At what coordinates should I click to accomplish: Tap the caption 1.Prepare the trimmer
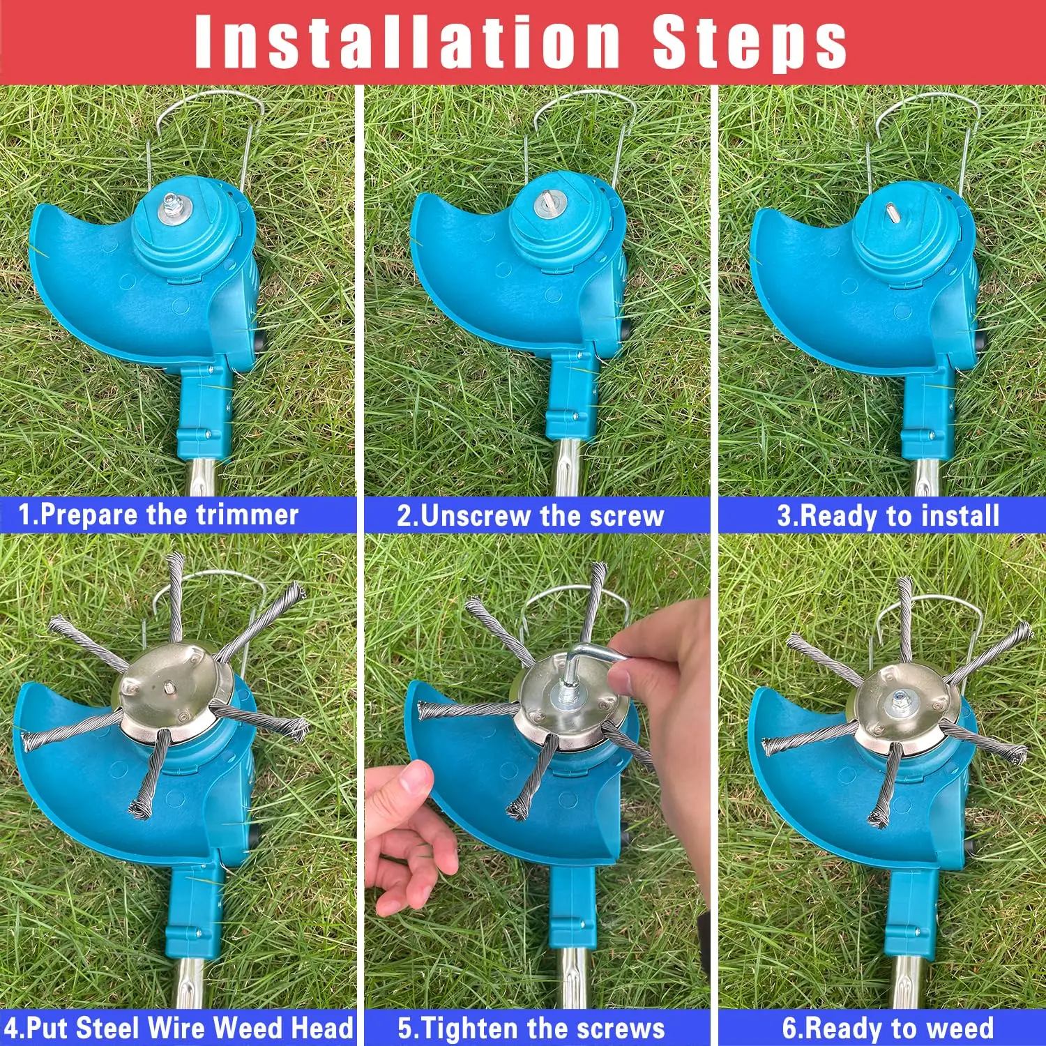point(159,515)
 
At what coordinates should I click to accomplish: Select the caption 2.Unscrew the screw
point(530,516)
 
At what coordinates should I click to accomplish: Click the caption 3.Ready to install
point(888,516)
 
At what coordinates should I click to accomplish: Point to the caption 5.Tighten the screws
point(531,1029)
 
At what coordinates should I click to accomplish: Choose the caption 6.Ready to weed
point(888,1029)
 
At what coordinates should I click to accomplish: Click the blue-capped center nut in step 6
point(900,697)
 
